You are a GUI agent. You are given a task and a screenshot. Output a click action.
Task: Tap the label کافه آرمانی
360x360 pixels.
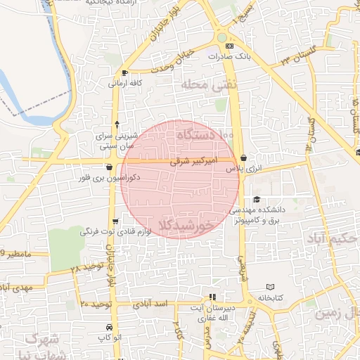(125, 83)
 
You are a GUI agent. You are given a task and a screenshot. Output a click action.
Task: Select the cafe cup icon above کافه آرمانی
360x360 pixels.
(124, 73)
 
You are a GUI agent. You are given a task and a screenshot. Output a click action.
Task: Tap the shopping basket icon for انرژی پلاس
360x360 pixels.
(243, 158)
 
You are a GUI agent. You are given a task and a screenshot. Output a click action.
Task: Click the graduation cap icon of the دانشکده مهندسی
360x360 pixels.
(257, 200)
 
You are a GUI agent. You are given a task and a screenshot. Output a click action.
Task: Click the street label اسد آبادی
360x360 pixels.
(154, 303)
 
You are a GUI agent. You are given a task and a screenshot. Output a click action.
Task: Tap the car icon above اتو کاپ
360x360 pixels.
(109, 327)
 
